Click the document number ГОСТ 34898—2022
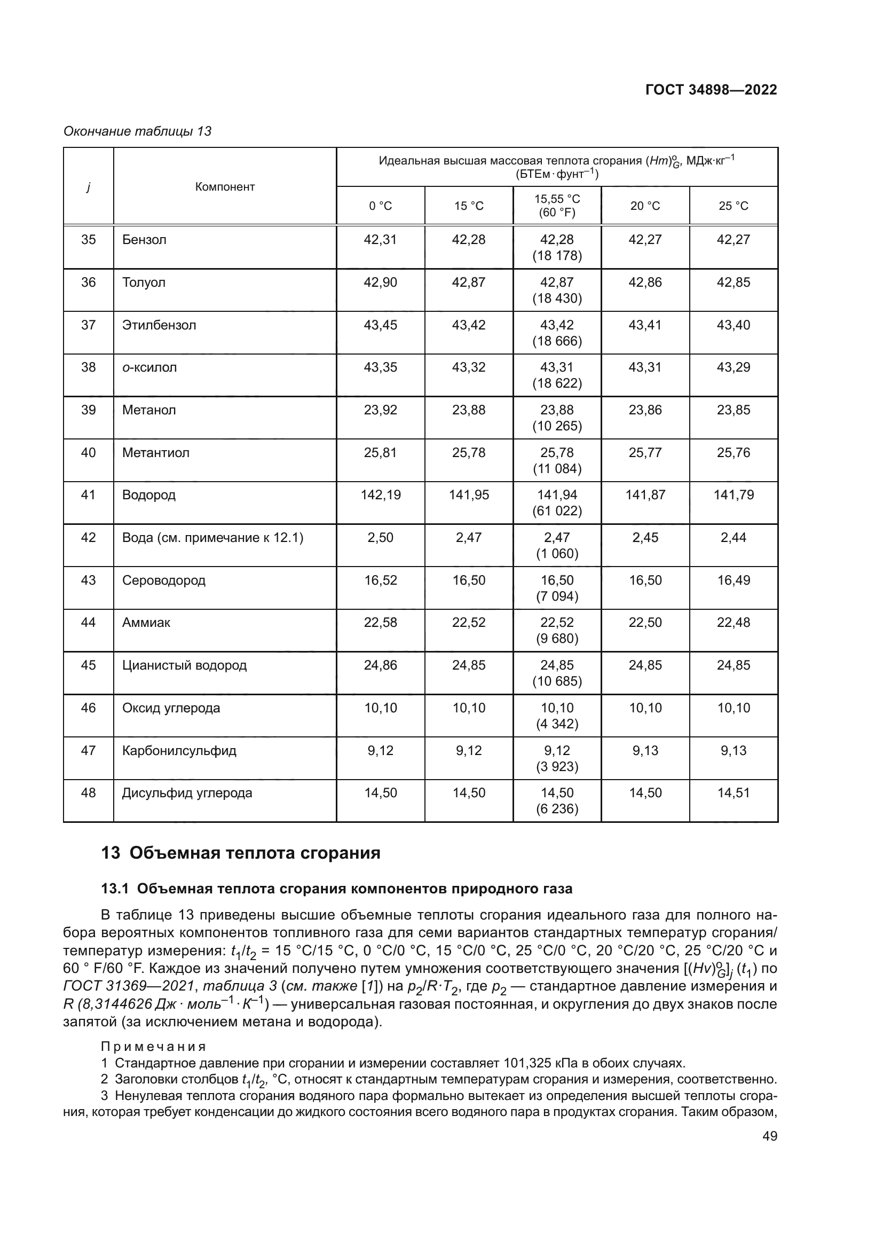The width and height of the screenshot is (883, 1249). pos(711,90)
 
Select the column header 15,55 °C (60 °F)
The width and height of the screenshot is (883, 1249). pos(557,206)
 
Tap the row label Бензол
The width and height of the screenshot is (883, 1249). pos(144,240)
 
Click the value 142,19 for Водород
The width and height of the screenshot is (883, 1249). pos(381,494)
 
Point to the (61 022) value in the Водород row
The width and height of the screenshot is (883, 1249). pos(557,511)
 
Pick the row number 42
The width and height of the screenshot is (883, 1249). pos(88,538)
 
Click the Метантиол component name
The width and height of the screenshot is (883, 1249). pos(155,453)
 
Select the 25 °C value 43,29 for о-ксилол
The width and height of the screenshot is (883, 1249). pos(733,367)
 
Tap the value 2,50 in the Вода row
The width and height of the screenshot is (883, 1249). pos(381,538)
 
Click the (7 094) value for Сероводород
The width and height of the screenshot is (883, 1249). pos(557,596)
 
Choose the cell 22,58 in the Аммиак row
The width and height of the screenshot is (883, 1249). pos(381,622)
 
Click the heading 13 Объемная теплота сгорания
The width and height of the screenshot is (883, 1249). pos(241,853)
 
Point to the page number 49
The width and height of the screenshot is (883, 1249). pos(769,1136)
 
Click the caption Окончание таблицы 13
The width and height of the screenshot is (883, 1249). pos(138,131)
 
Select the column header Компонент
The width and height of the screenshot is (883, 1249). pos(225,186)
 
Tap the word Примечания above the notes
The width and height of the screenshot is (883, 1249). pos(153,1047)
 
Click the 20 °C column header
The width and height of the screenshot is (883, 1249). pos(645,206)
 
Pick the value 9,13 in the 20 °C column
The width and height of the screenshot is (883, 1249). pos(645,750)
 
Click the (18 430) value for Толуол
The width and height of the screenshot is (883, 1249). pos(557,298)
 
